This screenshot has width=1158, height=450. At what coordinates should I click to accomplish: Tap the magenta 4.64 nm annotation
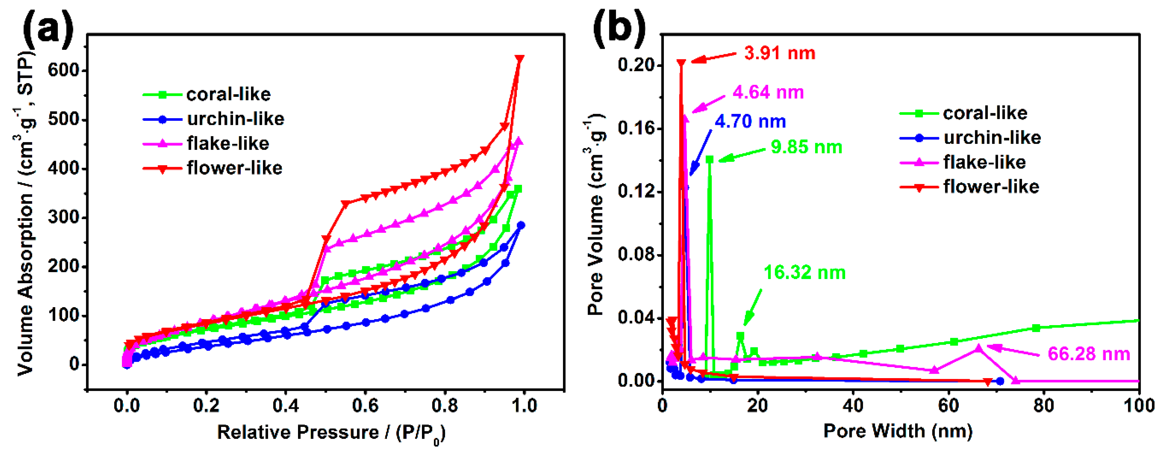[x=768, y=92]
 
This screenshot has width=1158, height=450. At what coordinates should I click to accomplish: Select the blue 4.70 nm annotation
[x=750, y=121]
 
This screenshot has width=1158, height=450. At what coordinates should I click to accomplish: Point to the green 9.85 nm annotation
[x=806, y=147]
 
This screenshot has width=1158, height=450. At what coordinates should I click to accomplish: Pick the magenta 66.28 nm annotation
[x=1089, y=354]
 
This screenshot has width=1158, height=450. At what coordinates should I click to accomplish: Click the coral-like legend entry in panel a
[x=228, y=94]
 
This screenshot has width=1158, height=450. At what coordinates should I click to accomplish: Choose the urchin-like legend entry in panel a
[x=236, y=119]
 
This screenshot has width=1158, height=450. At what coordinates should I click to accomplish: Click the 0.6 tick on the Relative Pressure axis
[x=365, y=406]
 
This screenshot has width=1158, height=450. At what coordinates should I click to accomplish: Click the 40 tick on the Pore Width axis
[x=853, y=406]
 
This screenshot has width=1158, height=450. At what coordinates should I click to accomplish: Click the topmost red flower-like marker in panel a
[x=519, y=59]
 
